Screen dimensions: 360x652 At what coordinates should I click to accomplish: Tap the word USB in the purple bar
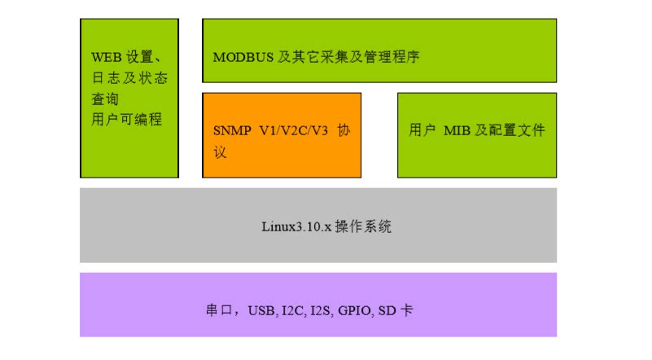(x=262, y=311)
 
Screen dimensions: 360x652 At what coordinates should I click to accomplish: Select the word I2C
(x=292, y=311)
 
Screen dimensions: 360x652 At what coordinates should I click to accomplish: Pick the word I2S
(x=320, y=311)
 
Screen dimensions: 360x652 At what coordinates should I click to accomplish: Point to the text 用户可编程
(x=127, y=119)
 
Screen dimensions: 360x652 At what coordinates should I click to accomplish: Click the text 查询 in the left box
(x=105, y=99)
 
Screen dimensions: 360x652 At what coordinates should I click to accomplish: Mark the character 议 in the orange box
(x=220, y=151)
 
